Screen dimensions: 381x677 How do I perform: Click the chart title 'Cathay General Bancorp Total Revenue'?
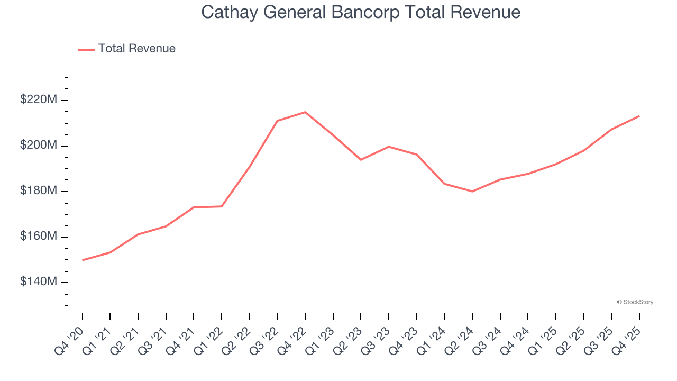pos(361,12)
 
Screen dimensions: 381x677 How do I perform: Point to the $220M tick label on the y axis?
pos(38,99)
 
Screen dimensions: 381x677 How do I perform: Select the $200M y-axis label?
pos(38,145)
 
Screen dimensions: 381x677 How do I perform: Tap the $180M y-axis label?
pos(38,190)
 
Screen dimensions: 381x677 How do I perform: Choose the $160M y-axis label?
pos(38,236)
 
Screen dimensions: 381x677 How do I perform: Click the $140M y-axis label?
pos(38,282)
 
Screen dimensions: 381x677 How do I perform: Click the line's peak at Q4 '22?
pos(305,112)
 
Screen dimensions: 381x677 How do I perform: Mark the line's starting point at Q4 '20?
pos(83,260)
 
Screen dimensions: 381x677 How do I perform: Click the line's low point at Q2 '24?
pos(472,192)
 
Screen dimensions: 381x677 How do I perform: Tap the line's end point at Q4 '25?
pos(639,116)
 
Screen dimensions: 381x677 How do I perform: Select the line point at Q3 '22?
pos(277,121)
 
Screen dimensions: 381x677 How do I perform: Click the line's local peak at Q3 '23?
pos(389,147)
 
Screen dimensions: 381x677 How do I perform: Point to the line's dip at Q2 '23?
pos(361,159)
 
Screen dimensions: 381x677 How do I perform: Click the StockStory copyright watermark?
pos(635,302)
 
